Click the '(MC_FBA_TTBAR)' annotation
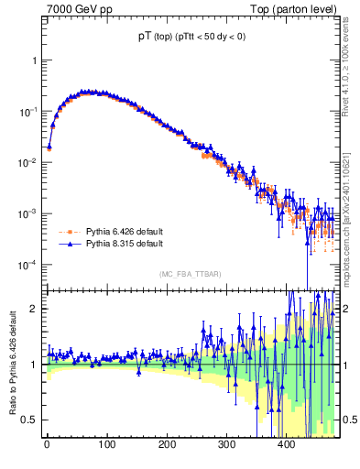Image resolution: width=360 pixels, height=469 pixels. (x=188, y=274)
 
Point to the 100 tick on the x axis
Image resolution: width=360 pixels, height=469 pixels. (x=106, y=444)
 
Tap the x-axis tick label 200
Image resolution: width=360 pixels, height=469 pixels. (x=167, y=444)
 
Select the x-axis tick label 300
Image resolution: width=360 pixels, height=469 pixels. (x=226, y=444)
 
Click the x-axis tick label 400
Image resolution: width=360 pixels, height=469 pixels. (x=287, y=444)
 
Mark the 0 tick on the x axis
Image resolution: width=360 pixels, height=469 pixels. (x=47, y=444)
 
